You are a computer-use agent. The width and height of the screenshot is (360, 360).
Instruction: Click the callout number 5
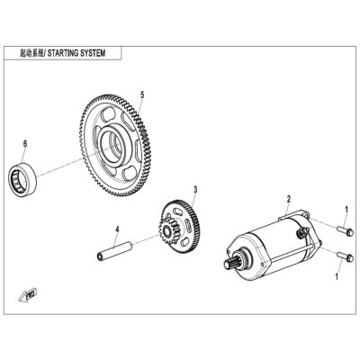tap(142, 94)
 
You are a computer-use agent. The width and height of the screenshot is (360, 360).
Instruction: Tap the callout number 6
tap(25, 144)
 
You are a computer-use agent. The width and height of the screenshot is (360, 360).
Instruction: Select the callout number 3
tap(195, 190)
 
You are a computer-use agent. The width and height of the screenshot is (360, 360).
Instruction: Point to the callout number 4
tap(117, 229)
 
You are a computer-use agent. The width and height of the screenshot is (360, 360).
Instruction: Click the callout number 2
tap(289, 199)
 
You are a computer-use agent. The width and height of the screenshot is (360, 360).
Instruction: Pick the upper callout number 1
tap(346, 209)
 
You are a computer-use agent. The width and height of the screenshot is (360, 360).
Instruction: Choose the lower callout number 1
tap(337, 276)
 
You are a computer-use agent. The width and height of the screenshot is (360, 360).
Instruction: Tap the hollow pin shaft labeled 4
tap(114, 249)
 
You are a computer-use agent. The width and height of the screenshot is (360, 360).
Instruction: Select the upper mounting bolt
tap(346, 231)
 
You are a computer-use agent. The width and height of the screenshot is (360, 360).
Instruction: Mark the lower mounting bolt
tap(346, 256)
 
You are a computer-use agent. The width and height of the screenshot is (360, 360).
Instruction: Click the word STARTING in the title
tap(63, 53)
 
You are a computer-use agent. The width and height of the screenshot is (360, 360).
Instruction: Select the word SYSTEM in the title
tap(93, 53)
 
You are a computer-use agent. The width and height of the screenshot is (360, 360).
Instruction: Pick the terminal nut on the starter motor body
tap(304, 231)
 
